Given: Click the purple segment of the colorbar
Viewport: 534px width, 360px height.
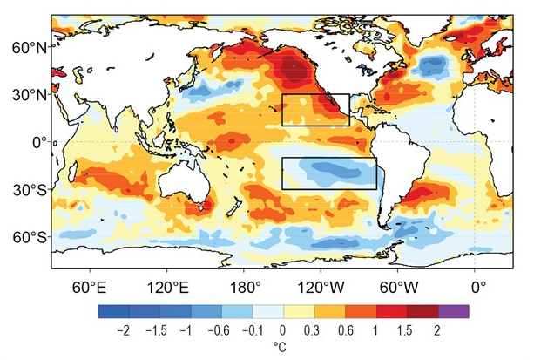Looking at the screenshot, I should click(453, 310).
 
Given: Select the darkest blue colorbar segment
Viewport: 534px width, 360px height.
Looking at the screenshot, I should click(113, 310).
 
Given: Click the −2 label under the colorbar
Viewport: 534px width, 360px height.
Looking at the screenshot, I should click(126, 330).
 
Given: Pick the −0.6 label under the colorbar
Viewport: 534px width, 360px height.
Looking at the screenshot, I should click(220, 330).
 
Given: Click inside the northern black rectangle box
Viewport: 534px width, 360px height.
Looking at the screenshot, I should click(315, 110).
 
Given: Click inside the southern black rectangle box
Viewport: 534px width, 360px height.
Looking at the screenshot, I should click(328, 173).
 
